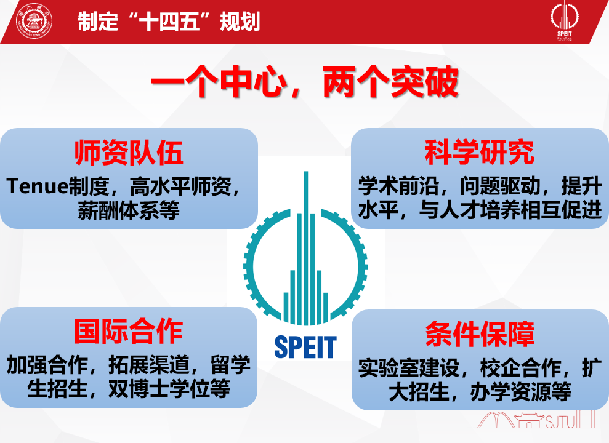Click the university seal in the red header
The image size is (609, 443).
click(x=34, y=22)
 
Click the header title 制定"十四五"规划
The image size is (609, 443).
click(x=169, y=22)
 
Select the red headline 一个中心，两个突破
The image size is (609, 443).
click(x=305, y=82)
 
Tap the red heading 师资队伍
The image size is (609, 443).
click(x=129, y=153)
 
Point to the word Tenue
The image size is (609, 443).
click(x=38, y=186)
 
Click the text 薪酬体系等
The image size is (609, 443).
click(x=129, y=210)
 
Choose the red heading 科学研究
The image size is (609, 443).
click(x=480, y=153)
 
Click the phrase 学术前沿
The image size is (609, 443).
click(x=398, y=186)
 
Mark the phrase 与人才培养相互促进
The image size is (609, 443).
click(x=510, y=210)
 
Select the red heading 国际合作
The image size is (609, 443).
click(x=129, y=331)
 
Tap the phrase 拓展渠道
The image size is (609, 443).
click(x=149, y=365)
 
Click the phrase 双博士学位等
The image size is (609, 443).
click(x=169, y=389)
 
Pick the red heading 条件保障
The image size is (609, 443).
click(x=480, y=334)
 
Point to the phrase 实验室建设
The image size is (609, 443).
click(x=409, y=368)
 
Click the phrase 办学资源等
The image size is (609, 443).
click(x=520, y=392)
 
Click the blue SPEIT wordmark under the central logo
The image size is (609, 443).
click(x=305, y=347)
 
